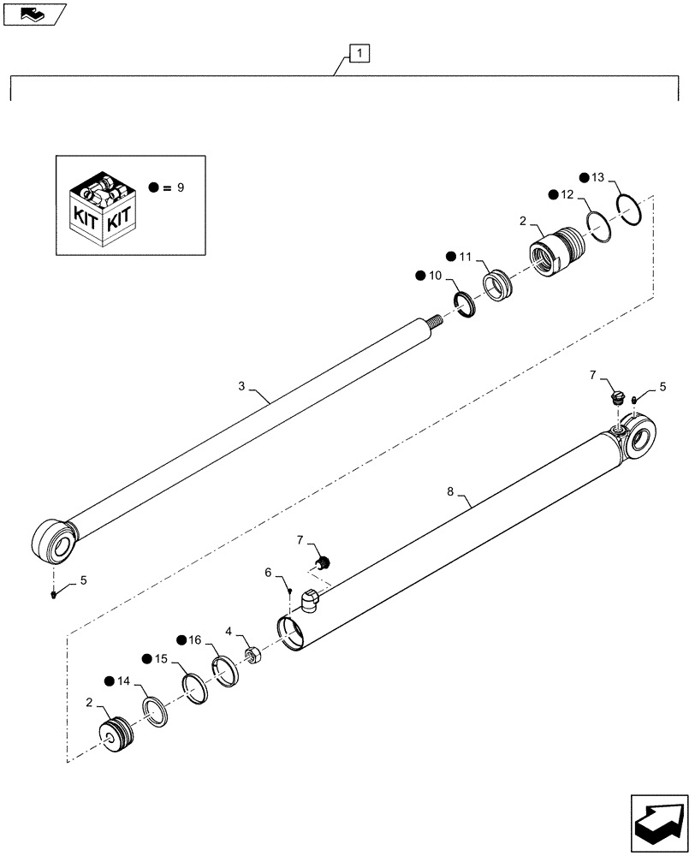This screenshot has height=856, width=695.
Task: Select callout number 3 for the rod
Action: click(x=242, y=386)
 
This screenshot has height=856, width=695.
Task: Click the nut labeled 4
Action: click(x=253, y=656)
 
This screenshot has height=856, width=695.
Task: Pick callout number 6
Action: click(x=268, y=573)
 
